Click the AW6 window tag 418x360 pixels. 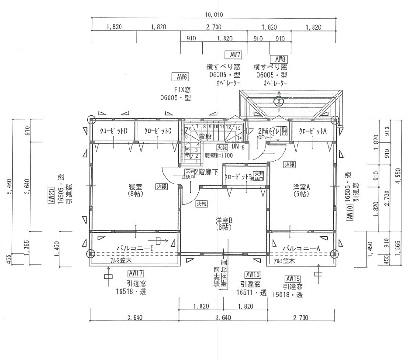pyautogui.click(x=181, y=77)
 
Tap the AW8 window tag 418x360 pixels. pyautogui.click(x=279, y=59)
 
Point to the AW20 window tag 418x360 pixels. pyautogui.click(x=50, y=195)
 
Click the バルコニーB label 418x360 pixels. pyautogui.click(x=136, y=248)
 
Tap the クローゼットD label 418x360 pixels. pyautogui.click(x=113, y=131)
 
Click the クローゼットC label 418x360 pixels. pyautogui.click(x=158, y=131)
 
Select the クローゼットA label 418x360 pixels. pyautogui.click(x=313, y=131)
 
